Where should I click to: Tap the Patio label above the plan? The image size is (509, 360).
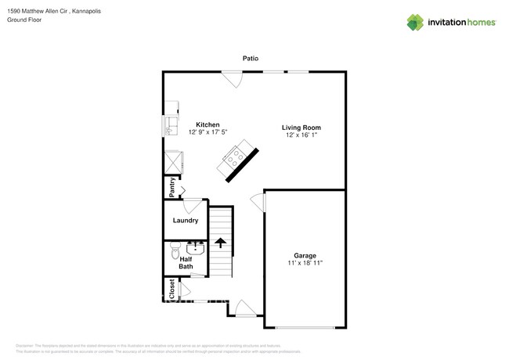[x=250, y=58]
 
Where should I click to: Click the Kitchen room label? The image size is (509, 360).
[x=208, y=124]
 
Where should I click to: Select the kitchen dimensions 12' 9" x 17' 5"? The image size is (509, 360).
[x=208, y=132]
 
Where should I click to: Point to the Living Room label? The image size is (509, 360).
[x=301, y=128]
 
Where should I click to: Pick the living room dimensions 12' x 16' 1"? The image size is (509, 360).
[x=301, y=135]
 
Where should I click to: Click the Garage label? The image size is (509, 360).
[x=305, y=255]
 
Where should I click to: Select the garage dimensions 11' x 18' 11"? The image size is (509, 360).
[x=305, y=263]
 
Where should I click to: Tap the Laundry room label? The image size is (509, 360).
[x=186, y=221]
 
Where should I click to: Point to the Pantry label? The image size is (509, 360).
[x=170, y=188]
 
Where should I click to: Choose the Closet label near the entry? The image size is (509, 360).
[x=170, y=289]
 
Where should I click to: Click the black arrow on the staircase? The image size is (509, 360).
[x=221, y=243]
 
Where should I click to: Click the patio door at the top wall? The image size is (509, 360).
[x=232, y=78]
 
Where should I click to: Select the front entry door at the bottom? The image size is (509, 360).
[x=245, y=308]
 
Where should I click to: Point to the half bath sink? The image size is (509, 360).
[x=195, y=249]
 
